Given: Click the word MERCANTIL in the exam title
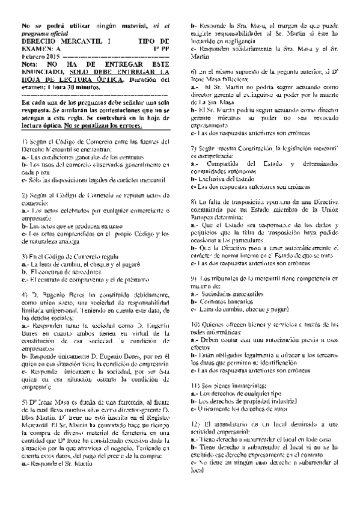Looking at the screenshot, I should [x=79, y=40].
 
